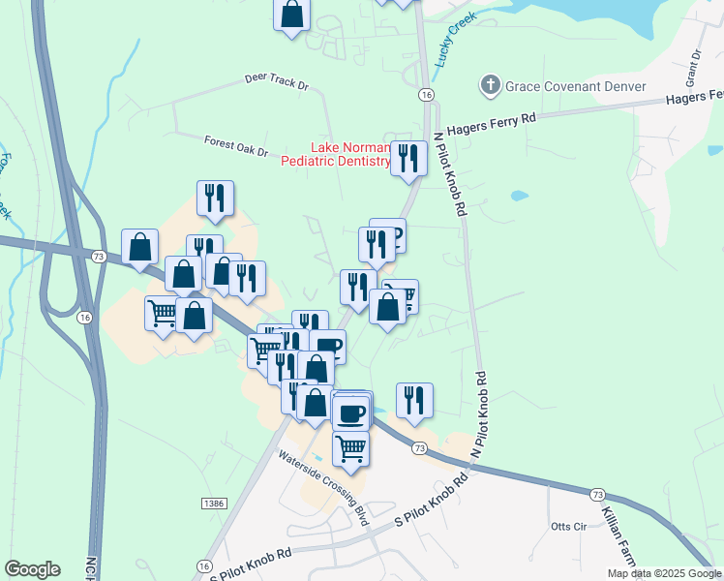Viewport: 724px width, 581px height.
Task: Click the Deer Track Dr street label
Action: tap(276, 80)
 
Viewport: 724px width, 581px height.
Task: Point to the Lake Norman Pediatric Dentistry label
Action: tap(335, 154)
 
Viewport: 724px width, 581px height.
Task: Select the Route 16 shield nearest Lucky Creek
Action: tap(426, 95)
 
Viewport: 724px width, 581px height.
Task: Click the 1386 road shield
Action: tap(215, 504)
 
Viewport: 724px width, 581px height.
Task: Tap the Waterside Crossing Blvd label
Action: tap(323, 488)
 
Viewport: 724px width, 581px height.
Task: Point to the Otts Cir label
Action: tap(568, 527)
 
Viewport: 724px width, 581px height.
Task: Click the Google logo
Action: tap(32, 569)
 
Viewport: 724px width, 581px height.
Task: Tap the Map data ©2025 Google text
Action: tap(664, 573)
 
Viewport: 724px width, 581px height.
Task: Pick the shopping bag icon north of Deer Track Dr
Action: tap(292, 15)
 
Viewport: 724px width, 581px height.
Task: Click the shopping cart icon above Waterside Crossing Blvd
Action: tap(350, 448)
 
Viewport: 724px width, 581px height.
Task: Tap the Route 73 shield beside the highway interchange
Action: tap(98, 257)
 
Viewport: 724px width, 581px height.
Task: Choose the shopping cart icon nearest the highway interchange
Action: tap(163, 313)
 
